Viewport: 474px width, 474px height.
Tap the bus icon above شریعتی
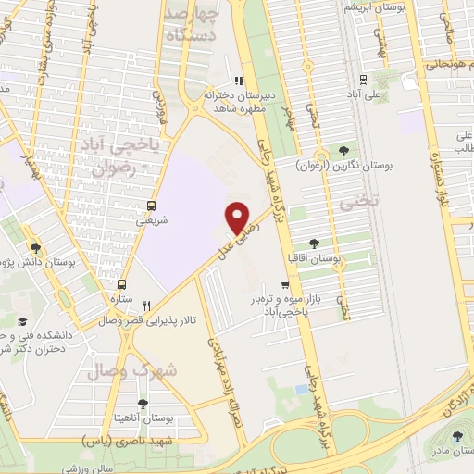click(151, 206)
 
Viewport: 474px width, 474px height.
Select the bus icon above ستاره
click(122, 284)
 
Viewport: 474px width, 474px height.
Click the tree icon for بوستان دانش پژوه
click(36, 247)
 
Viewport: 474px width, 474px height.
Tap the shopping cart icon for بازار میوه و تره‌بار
click(286, 285)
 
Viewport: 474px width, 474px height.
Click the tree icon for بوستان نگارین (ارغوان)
click(344, 151)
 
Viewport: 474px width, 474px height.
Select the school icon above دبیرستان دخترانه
click(239, 81)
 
